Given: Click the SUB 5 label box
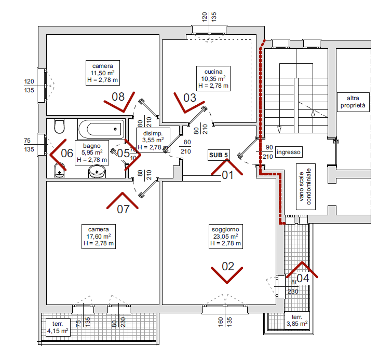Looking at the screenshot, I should (x=219, y=155).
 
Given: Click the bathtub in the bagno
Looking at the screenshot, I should (x=101, y=128).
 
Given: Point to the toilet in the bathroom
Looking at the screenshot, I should (x=58, y=126).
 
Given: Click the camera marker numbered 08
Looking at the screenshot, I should (x=118, y=96).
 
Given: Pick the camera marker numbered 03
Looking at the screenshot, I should (x=189, y=97).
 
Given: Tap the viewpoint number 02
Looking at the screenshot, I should (x=228, y=267).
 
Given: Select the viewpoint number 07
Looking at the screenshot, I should (x=123, y=210).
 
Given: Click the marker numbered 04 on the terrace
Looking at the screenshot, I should (x=303, y=278).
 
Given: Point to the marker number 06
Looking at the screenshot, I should (x=67, y=153).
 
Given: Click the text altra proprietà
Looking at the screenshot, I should (x=353, y=101).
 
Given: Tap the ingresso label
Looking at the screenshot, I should (x=289, y=152).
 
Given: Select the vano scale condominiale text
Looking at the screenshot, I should (x=304, y=186).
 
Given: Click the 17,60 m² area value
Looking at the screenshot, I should (x=98, y=236).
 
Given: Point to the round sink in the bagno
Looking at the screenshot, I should (x=96, y=171).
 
